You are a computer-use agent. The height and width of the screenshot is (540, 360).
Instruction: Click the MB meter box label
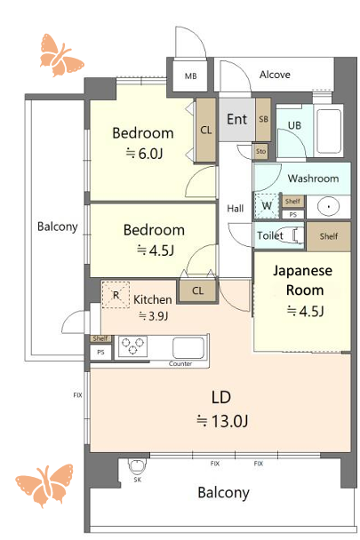pos(191,75)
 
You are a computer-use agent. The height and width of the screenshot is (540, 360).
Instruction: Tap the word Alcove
pos(275,75)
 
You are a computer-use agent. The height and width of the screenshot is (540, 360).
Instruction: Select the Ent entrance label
pos(237,119)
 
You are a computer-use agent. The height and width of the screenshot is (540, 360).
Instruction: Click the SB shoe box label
pos(263,119)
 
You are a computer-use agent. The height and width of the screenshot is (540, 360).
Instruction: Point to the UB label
pos(294,125)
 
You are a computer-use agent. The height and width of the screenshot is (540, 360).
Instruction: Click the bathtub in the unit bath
pos(329,131)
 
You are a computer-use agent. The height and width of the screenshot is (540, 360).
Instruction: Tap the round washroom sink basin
pos(329,207)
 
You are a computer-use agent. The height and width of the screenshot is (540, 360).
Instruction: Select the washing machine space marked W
pos(266,206)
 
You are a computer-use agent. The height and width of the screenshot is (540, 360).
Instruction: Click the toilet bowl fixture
pos(290,235)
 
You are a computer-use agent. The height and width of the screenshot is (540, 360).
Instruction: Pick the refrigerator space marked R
pos(116,295)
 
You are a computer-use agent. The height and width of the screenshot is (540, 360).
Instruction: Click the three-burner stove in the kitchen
pos(132,346)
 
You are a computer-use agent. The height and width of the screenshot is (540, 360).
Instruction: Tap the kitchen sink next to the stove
pos(188,348)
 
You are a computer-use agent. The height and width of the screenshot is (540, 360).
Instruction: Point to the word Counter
pos(180,363)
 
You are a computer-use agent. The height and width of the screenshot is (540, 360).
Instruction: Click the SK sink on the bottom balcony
pos(138,465)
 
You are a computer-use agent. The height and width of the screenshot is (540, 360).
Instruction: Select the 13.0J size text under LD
pos(222,421)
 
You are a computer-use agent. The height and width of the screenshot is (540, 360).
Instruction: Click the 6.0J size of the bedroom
pos(144,153)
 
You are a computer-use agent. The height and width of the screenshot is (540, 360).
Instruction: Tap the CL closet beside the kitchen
pos(197,291)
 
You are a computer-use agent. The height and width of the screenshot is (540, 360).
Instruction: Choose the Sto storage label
pos(261,151)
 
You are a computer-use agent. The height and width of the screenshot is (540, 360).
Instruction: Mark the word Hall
pos(236,209)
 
